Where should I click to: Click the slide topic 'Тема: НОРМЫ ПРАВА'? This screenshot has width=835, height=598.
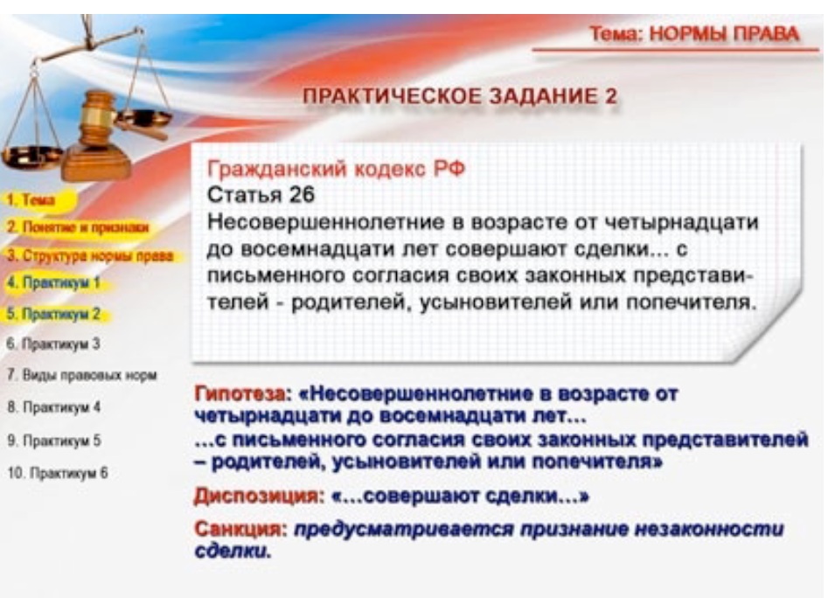[694, 34]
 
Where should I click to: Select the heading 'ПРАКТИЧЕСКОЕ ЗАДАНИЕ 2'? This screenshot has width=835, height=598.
[460, 96]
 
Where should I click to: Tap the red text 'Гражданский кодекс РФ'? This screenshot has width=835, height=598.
[336, 170]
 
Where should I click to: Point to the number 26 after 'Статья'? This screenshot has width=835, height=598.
[302, 195]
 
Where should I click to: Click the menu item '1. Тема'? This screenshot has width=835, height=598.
[31, 200]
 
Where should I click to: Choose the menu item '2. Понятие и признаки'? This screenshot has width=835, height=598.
[78, 227]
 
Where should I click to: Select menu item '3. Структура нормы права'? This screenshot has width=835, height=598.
[90, 256]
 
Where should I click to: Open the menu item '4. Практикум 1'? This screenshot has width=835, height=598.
[53, 282]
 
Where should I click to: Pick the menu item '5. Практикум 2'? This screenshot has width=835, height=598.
[53, 314]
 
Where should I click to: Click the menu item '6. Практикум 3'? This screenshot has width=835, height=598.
[53, 344]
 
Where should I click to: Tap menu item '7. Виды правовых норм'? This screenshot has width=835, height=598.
[82, 375]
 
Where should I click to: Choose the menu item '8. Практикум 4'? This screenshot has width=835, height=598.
[54, 407]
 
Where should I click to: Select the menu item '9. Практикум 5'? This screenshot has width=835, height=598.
[54, 441]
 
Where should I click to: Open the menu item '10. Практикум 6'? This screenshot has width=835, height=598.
[58, 473]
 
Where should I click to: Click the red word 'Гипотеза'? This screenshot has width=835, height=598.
[240, 394]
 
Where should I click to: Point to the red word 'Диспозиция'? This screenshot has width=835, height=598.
[258, 497]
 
